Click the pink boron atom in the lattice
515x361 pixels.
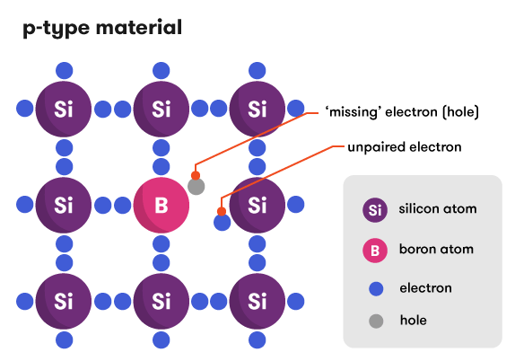pyautogui.click(x=161, y=205)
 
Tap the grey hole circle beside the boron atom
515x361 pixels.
pyautogui.click(x=196, y=187)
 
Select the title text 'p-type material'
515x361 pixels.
pyautogui.click(x=101, y=28)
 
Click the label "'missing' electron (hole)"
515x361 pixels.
pyautogui.click(x=402, y=113)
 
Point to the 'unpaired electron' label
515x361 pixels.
pyautogui.click(x=404, y=146)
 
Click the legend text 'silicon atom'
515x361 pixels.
pyautogui.click(x=437, y=209)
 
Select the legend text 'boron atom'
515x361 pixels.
pyautogui.click(x=435, y=249)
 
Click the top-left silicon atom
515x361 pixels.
pyautogui.click(x=63, y=110)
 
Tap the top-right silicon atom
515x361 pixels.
pyautogui.click(x=257, y=110)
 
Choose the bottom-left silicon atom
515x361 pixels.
pyautogui.click(x=63, y=300)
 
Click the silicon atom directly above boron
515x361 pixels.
pyautogui.click(x=161, y=110)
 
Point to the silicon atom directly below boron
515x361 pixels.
pyautogui.click(x=161, y=300)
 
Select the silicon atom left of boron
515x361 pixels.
pyautogui.click(x=63, y=205)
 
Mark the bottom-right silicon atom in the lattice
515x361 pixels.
pyautogui.click(x=257, y=300)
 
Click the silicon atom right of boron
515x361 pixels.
pyautogui.click(x=257, y=205)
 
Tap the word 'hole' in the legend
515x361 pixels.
pyautogui.click(x=413, y=320)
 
